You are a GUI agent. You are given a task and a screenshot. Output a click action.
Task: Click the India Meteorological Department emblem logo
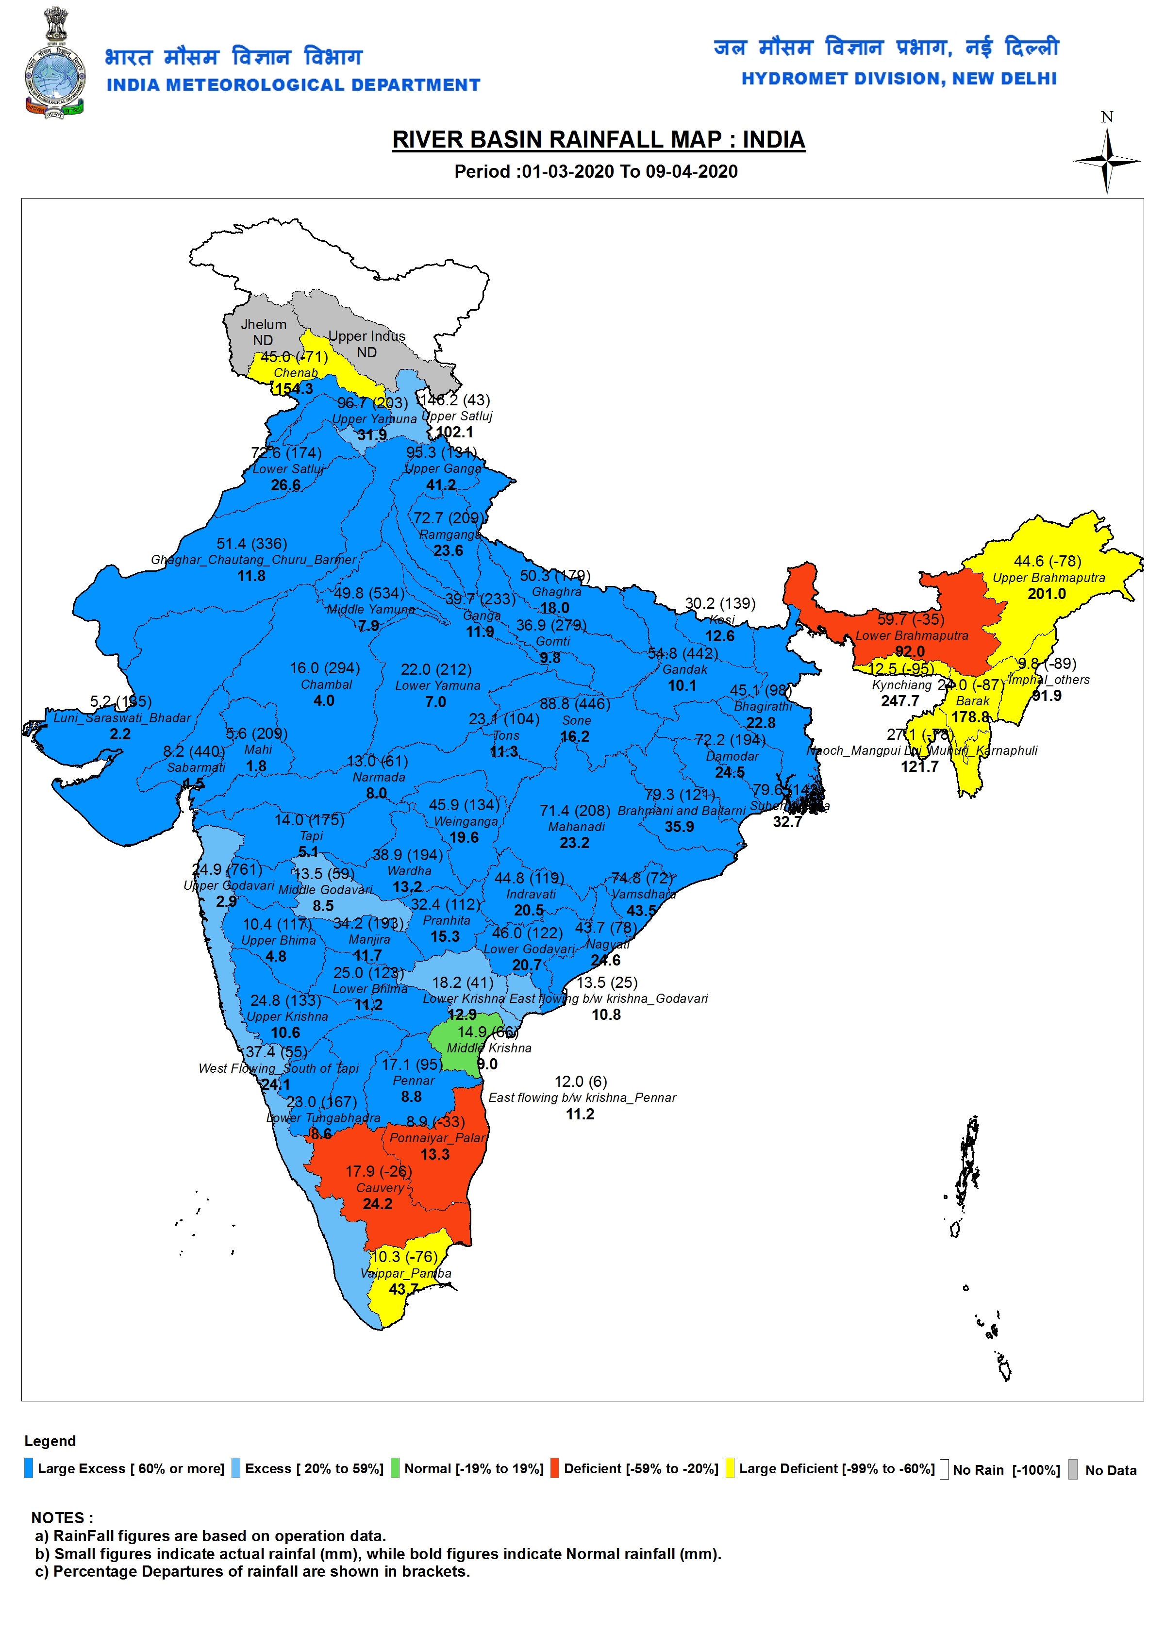click(x=54, y=63)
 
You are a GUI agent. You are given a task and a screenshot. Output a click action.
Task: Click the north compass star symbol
click(x=1107, y=161)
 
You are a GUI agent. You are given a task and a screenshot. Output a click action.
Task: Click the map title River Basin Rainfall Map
click(x=599, y=139)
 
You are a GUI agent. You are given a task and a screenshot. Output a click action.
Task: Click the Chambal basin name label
click(x=326, y=684)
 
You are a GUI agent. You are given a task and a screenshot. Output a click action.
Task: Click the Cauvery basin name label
click(x=380, y=1188)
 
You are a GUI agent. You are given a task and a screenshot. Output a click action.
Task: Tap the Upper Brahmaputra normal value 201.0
click(x=1047, y=594)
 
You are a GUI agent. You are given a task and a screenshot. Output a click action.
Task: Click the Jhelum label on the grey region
click(x=263, y=324)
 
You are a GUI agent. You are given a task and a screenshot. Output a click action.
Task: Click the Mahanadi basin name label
click(x=576, y=826)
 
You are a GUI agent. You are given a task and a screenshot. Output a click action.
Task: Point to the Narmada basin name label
click(x=378, y=777)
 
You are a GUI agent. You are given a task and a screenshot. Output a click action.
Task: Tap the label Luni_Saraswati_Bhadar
click(x=122, y=718)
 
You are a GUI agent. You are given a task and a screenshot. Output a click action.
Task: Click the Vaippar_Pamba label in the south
click(x=405, y=1273)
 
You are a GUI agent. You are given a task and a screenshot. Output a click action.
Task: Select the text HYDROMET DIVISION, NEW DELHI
click(x=899, y=79)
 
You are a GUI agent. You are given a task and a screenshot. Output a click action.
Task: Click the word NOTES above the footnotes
click(x=62, y=1518)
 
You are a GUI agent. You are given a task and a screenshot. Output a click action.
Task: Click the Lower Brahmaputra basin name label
click(x=911, y=635)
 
